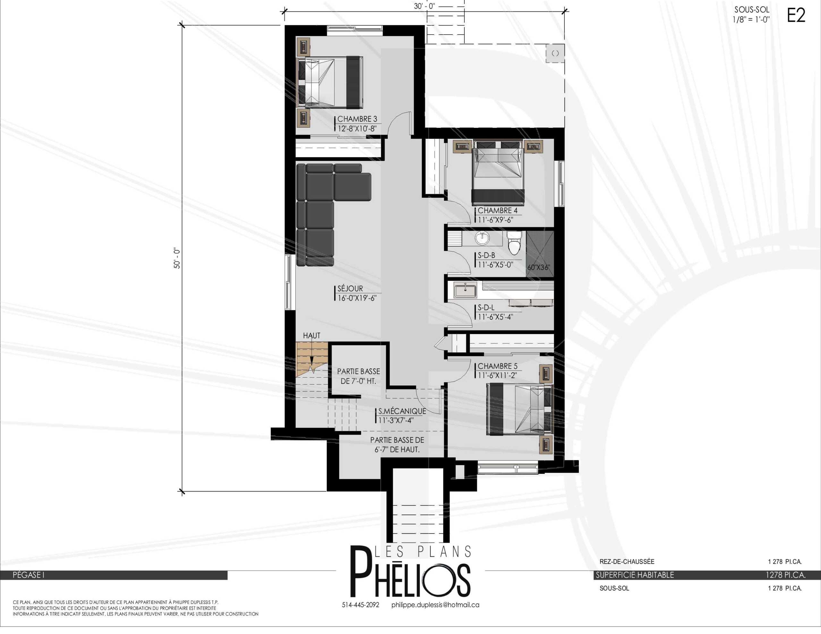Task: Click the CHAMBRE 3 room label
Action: (357, 119)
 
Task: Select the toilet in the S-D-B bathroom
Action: (514, 243)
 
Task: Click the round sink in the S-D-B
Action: (482, 238)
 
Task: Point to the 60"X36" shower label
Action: (539, 268)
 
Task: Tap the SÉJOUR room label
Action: (350, 288)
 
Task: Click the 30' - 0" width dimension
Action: (424, 6)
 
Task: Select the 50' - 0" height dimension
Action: (177, 258)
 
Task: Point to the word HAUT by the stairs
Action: (312, 336)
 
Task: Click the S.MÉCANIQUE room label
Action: (402, 411)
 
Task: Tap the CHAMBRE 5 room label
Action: (497, 366)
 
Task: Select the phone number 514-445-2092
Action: (360, 605)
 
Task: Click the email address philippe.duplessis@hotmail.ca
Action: (435, 605)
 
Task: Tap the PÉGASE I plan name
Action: (29, 575)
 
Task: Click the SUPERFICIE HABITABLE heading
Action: (635, 575)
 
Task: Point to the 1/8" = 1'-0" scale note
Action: (751, 20)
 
